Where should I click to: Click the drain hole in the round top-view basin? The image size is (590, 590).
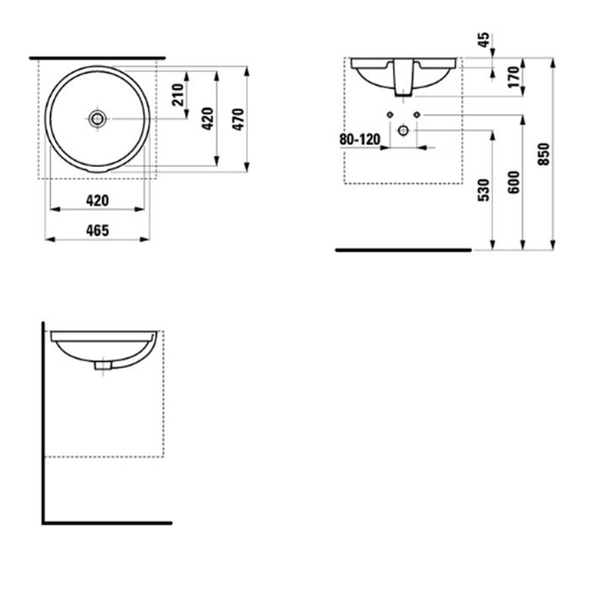(x=98, y=119)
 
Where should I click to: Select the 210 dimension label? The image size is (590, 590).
(x=178, y=94)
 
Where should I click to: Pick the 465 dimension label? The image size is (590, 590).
(x=97, y=230)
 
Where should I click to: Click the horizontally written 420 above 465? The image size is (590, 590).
(x=97, y=200)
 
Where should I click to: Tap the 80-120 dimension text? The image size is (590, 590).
(x=359, y=138)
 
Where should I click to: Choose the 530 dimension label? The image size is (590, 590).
(x=482, y=190)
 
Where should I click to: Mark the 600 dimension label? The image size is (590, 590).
(x=514, y=182)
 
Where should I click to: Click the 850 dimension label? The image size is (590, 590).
(x=544, y=154)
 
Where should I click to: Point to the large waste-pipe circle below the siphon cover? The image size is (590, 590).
(x=403, y=131)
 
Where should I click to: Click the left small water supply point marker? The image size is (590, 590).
(x=389, y=115)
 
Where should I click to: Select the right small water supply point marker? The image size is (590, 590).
(x=416, y=115)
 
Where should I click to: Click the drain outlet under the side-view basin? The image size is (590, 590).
(x=103, y=366)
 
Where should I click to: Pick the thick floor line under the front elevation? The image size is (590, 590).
(x=403, y=250)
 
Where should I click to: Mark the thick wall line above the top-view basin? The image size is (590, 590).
(x=97, y=59)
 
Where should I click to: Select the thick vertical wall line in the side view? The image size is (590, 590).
(x=43, y=421)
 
